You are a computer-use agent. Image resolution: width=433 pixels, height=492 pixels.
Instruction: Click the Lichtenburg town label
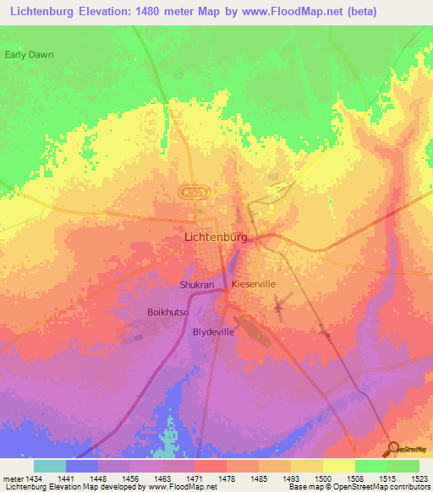pyautogui.click(x=216, y=238)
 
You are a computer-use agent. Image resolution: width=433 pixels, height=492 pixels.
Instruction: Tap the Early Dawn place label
pyautogui.click(x=29, y=55)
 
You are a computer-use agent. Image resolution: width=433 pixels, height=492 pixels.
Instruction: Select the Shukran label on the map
pyautogui.click(x=197, y=286)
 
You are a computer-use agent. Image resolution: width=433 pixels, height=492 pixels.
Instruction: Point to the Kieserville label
pyautogui.click(x=254, y=286)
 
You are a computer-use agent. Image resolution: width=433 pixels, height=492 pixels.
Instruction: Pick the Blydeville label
pyautogui.click(x=214, y=332)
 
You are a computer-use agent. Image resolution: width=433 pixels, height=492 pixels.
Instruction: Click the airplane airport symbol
pyautogui.click(x=278, y=305)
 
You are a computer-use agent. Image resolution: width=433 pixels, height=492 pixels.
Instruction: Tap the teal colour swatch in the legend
pyautogui.click(x=50, y=466)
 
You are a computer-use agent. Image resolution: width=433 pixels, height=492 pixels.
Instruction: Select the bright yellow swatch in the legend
pyautogui.click(x=338, y=466)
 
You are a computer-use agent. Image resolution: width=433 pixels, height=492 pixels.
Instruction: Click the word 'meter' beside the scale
pyautogui.click(x=13, y=479)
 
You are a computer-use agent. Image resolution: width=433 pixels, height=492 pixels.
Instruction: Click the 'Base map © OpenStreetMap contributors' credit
pyautogui.click(x=359, y=487)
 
